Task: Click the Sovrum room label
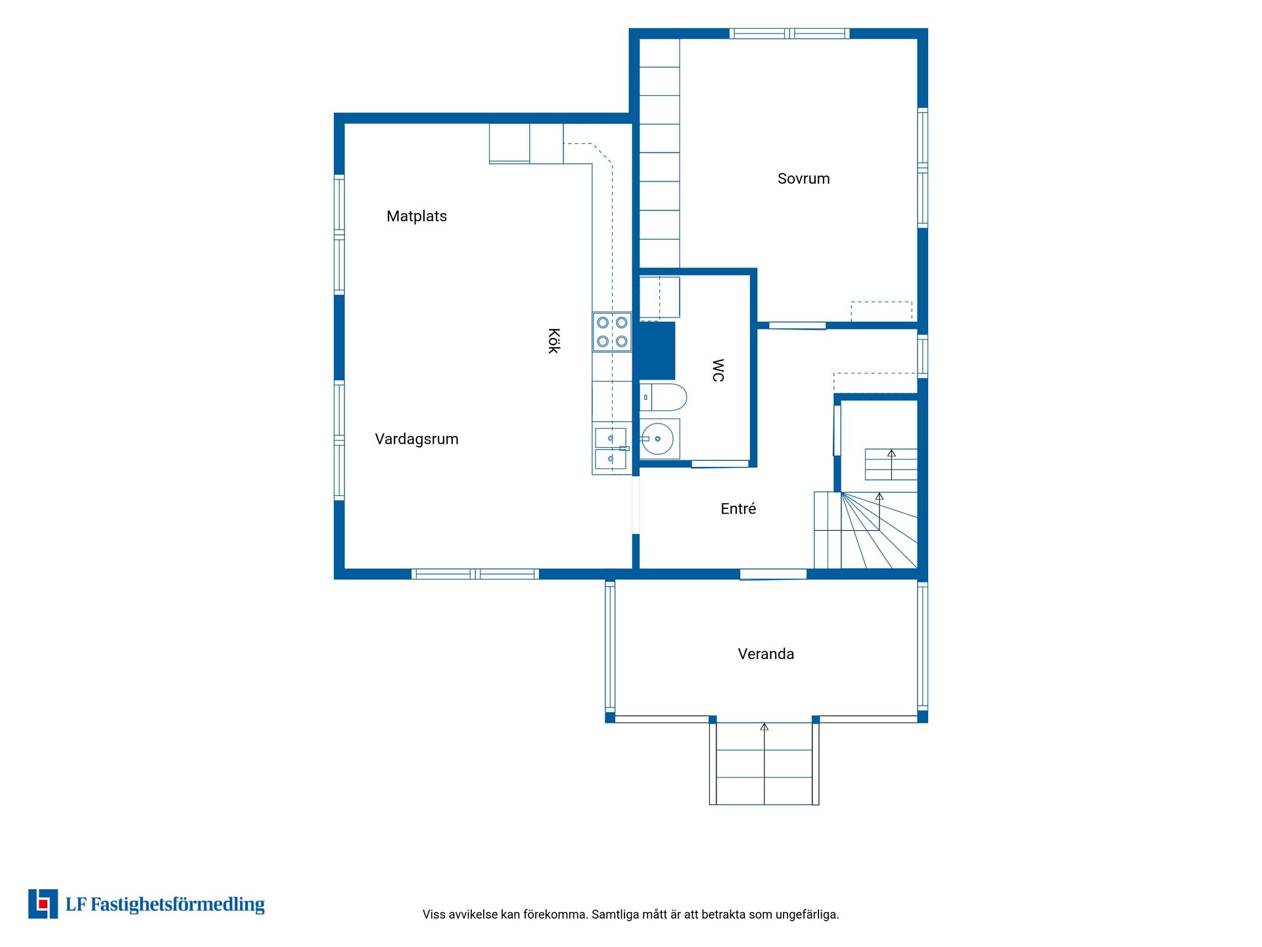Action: point(803,179)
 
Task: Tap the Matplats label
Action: point(417,216)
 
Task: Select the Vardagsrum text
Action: point(417,439)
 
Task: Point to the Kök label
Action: point(553,341)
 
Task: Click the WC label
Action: point(718,370)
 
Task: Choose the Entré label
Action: point(738,508)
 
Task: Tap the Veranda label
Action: point(766,654)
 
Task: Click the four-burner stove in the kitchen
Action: point(612,332)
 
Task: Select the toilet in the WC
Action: point(663,397)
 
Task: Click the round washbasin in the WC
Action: point(657,439)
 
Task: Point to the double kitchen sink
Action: point(611,449)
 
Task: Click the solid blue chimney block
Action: point(657,351)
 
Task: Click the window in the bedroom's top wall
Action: point(789,34)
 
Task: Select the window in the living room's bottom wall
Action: point(475,574)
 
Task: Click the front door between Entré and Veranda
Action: point(773,575)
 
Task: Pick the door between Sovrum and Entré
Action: point(797,326)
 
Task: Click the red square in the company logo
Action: point(43,904)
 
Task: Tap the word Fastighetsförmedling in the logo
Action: point(177,905)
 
